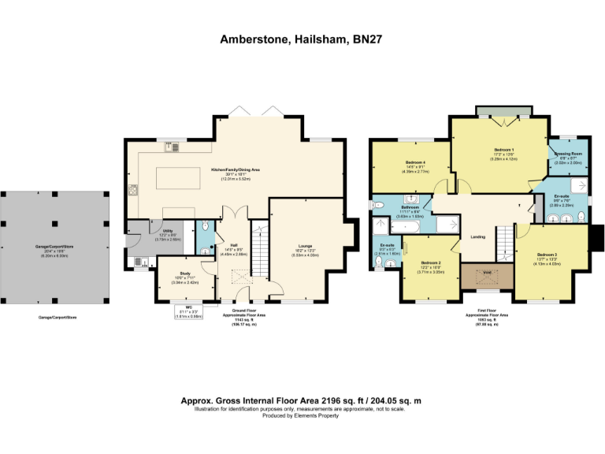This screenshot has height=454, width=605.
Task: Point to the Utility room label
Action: click(167, 231)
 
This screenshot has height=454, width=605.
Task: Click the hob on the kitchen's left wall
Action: click(132, 190)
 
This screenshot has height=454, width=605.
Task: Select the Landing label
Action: click(477, 236)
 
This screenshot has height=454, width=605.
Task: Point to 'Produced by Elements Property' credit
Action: click(302, 415)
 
